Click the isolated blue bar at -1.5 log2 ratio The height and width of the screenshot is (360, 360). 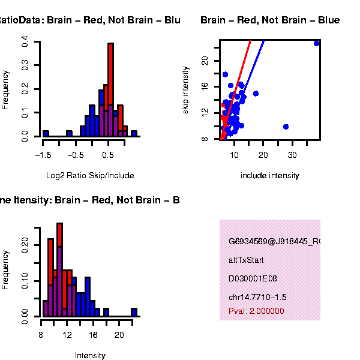[46, 133]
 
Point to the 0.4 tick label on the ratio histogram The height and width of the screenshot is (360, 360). [25, 42]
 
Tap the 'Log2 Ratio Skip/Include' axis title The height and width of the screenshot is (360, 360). [90, 176]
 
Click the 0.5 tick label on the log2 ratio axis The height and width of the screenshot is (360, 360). [108, 154]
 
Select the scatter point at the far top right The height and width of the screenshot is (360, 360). [316, 43]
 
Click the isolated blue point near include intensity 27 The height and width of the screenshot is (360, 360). [286, 127]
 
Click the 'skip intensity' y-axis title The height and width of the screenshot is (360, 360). [186, 90]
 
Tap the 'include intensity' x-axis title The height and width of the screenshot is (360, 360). [269, 176]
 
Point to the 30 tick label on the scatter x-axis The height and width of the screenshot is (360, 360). [292, 154]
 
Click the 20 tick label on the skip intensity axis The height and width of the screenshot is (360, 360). [205, 60]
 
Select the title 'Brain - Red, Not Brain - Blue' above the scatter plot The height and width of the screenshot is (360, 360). [270, 20]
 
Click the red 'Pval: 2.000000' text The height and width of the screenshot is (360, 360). [256, 311]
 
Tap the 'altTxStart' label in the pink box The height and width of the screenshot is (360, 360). [246, 260]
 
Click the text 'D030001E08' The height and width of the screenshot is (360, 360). [249, 279]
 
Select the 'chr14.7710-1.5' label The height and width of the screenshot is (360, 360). [257, 298]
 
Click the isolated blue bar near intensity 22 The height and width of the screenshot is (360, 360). [134, 312]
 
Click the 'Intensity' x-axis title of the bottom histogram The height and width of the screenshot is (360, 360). [90, 355]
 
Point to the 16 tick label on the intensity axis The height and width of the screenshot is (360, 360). [93, 334]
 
